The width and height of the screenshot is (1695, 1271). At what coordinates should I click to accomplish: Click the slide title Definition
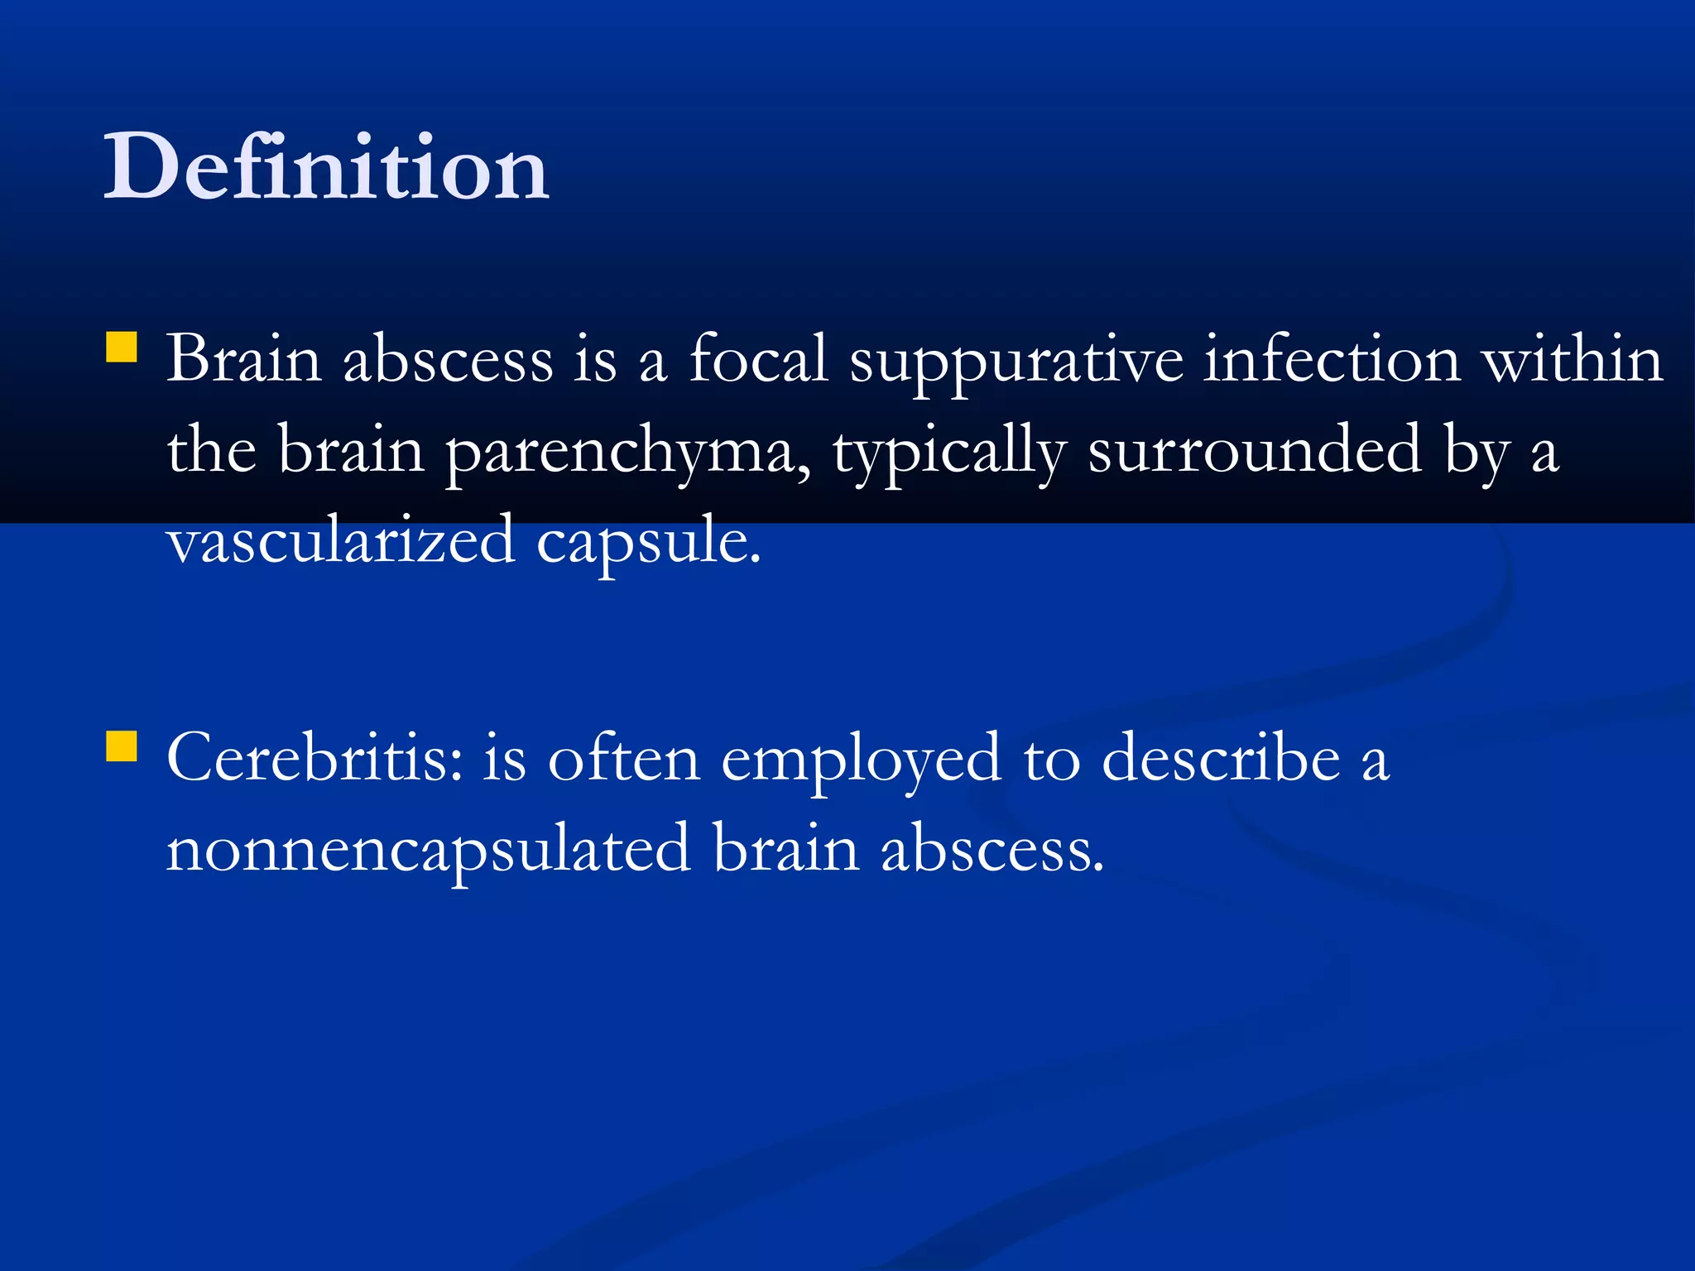click(326, 167)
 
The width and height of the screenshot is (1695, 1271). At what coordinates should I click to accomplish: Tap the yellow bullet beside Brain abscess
click(122, 348)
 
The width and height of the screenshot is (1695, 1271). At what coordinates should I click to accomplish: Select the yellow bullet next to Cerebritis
click(122, 746)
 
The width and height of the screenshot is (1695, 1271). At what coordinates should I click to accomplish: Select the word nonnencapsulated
click(429, 849)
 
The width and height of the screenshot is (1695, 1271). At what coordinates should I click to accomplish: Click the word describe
click(1222, 758)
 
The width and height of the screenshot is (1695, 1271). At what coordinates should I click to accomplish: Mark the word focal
click(758, 361)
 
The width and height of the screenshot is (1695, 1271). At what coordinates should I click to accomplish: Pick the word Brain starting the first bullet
click(244, 361)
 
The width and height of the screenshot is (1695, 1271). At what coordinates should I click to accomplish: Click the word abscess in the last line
click(992, 849)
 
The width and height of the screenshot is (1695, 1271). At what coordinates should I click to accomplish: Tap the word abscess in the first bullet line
click(448, 361)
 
